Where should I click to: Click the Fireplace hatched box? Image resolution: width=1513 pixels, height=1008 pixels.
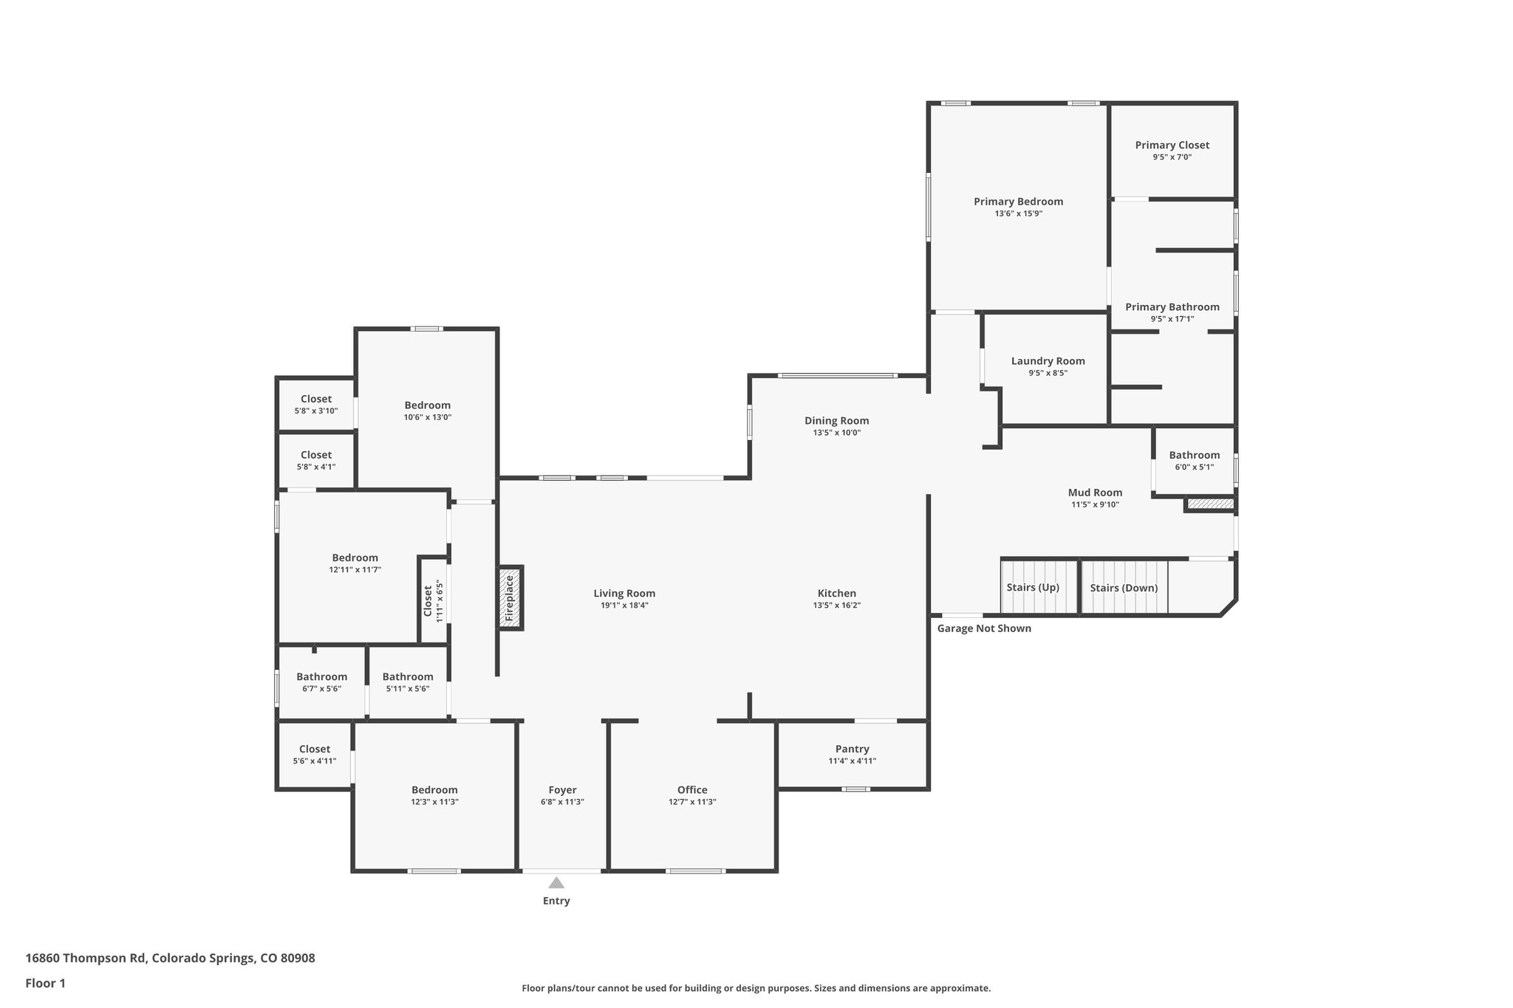tap(510, 597)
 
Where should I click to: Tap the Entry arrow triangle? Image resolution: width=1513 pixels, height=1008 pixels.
tap(556, 882)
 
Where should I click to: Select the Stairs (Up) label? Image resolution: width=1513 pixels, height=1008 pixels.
tap(1033, 587)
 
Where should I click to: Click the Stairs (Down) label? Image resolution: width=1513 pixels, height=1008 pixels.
tap(1124, 588)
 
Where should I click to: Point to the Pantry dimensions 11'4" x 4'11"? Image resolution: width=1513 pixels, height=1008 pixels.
tap(852, 761)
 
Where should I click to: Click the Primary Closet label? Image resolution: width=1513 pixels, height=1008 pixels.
tap(1172, 145)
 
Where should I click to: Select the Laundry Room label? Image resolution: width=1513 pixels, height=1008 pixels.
tap(1048, 361)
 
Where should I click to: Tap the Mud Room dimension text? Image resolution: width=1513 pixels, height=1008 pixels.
tap(1095, 504)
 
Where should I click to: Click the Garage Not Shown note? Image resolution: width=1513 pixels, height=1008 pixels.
tap(983, 628)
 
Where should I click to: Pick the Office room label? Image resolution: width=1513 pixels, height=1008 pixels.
tap(691, 789)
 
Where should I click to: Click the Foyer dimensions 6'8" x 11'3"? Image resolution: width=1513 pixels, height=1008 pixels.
tap(562, 802)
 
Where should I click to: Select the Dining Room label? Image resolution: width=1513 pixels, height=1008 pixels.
tap(836, 421)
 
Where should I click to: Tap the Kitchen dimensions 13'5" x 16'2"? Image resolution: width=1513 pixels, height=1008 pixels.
tap(836, 606)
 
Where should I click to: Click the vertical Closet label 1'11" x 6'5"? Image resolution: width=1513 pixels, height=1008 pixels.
tap(433, 602)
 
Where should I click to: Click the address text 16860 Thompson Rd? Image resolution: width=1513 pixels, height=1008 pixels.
tap(170, 959)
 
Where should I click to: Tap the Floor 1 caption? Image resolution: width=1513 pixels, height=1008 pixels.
tap(45, 983)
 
